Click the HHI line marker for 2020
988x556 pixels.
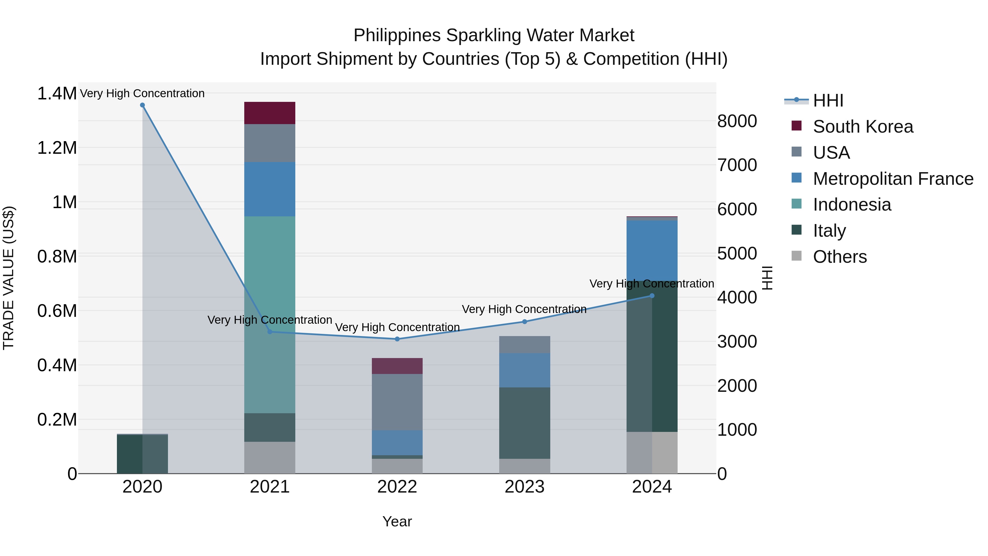point(142,105)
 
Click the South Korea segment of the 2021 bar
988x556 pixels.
point(270,113)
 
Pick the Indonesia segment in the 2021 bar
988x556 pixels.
point(270,315)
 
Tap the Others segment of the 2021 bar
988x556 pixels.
point(270,457)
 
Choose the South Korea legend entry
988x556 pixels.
point(863,127)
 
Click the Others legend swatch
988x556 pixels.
point(797,256)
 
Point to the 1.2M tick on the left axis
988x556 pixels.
point(57,148)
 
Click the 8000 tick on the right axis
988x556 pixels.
point(737,121)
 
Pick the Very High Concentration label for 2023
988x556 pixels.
point(524,309)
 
